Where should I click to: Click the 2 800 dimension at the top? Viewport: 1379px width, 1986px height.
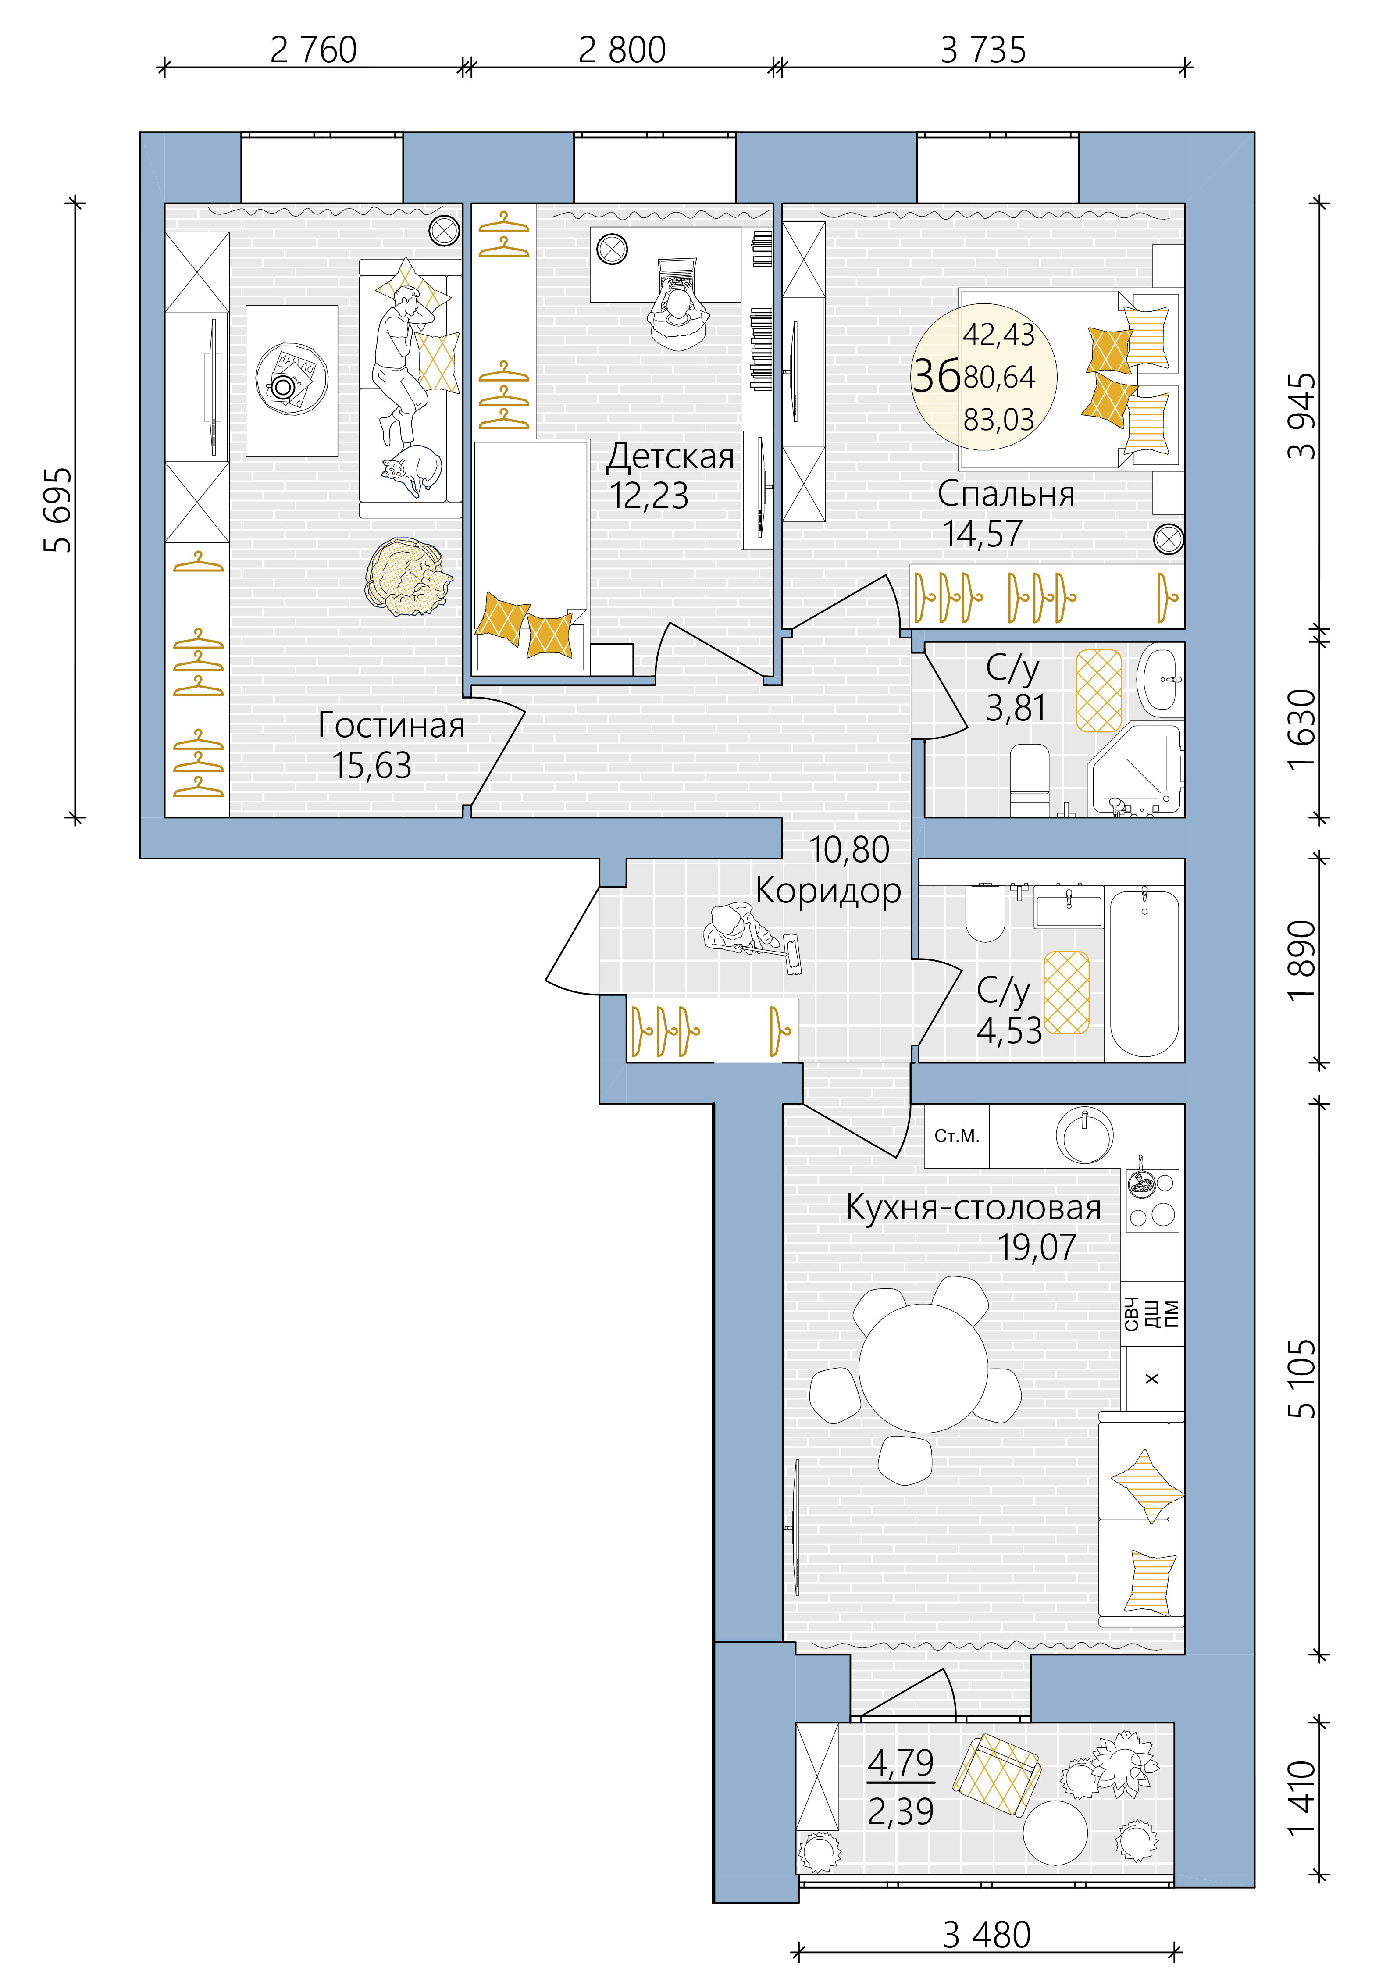(x=622, y=50)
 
